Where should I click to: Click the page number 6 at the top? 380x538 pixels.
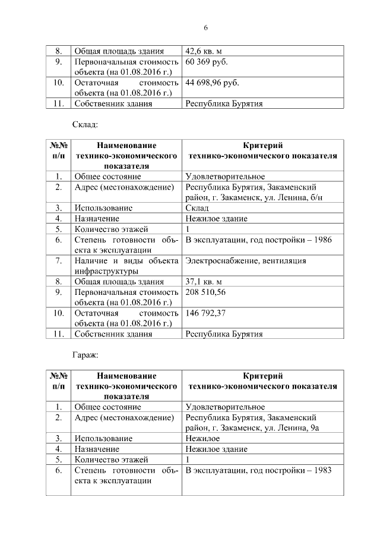[205, 28]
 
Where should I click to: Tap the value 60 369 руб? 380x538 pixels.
[206, 61]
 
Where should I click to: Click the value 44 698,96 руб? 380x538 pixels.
[213, 83]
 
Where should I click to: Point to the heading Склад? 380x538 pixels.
[84, 124]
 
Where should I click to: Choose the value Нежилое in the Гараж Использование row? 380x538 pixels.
[202, 438]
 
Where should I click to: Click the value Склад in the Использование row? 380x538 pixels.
[197, 208]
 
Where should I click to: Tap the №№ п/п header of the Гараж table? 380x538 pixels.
[58, 381]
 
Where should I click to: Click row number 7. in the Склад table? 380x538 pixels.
[59, 260]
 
